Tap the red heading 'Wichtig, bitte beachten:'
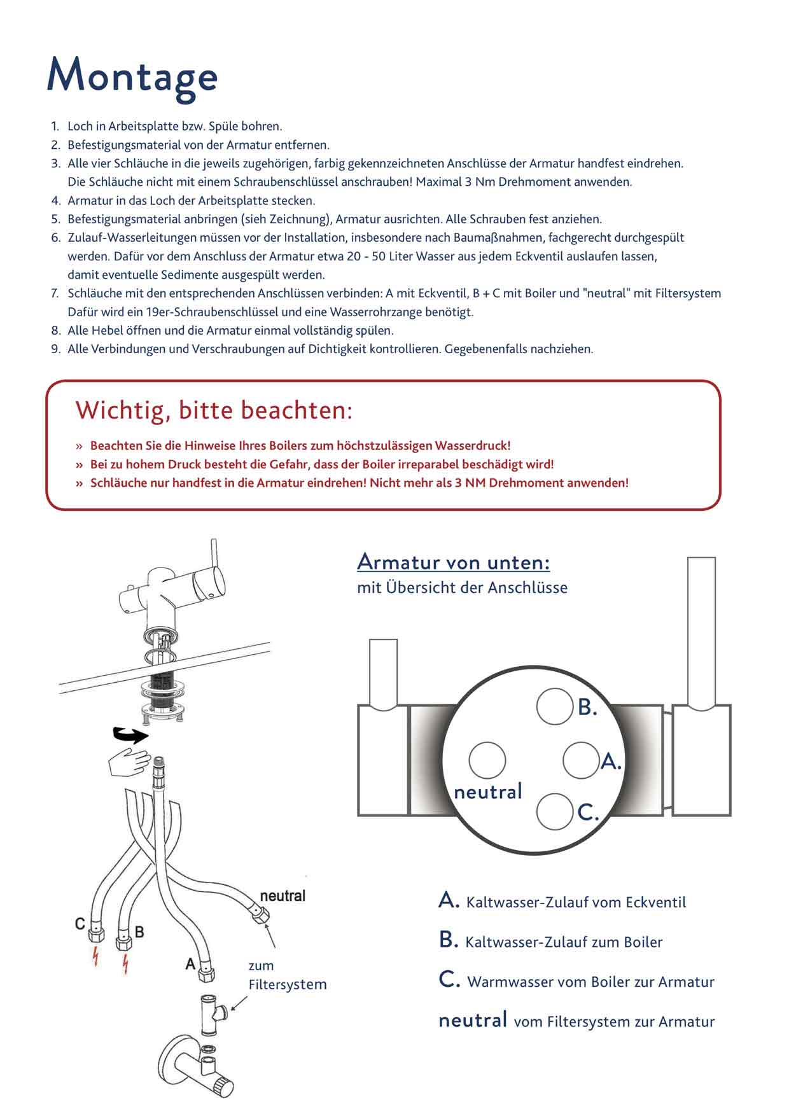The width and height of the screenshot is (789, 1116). coord(214,410)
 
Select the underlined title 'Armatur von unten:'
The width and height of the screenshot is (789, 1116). coord(454,562)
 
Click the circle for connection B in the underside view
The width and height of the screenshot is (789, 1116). coord(555,706)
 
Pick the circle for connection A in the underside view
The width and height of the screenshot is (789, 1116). coord(582,760)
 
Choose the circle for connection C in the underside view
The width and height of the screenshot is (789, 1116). coord(555,812)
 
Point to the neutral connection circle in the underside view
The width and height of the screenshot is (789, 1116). coord(487,760)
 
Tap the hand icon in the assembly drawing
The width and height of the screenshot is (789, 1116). coord(130,762)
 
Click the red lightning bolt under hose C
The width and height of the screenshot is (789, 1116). coord(95,956)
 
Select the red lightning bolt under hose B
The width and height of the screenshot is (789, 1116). coord(125,964)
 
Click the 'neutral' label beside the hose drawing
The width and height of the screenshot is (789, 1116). coord(283,896)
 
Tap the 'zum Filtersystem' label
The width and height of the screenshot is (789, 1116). coord(288,975)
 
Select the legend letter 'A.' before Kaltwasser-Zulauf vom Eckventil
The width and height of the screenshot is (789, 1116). coord(449,900)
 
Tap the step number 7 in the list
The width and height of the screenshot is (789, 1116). coord(55,293)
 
